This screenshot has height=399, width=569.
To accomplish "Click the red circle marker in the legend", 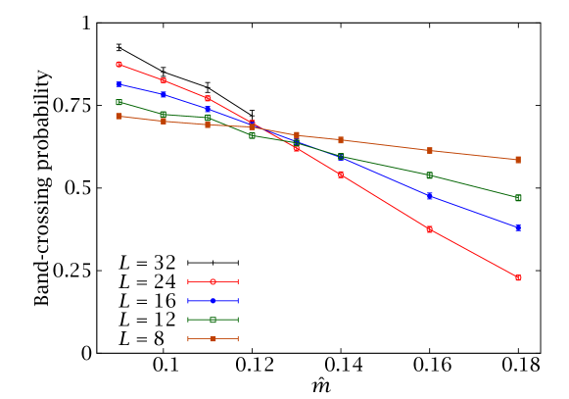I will pos(213,281).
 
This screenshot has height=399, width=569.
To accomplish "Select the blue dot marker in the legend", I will pos(213,301).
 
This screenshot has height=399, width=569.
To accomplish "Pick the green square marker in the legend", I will pos(213,320).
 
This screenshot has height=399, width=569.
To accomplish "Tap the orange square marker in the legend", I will pos(213,339).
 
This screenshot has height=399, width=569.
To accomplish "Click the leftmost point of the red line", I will pos(119,65).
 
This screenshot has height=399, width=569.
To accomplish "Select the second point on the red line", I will pos(164,81).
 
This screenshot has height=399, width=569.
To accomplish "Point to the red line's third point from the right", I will pos(341,175).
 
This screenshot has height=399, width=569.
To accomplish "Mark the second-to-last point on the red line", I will pos(429,229).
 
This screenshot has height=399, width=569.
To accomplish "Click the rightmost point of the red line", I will pos(518,278).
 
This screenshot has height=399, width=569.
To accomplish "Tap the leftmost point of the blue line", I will pos(119,84).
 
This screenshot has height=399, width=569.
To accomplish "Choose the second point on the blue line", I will pos(164,94).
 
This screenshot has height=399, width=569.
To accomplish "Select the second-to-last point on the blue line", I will pos(429,196).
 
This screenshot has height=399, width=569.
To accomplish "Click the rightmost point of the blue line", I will pos(518,227).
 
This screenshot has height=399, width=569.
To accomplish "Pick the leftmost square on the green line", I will pos(119,102).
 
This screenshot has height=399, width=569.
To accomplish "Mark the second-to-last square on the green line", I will pos(429,175).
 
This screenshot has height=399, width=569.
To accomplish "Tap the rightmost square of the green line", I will pos(518,198).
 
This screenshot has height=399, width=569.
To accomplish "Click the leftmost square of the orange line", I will pos(119,117).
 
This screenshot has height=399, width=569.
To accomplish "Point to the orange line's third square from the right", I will pos(341,140).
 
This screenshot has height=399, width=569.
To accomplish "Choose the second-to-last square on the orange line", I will pos(429,151).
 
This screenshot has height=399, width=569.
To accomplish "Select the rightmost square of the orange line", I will pos(518,160).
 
